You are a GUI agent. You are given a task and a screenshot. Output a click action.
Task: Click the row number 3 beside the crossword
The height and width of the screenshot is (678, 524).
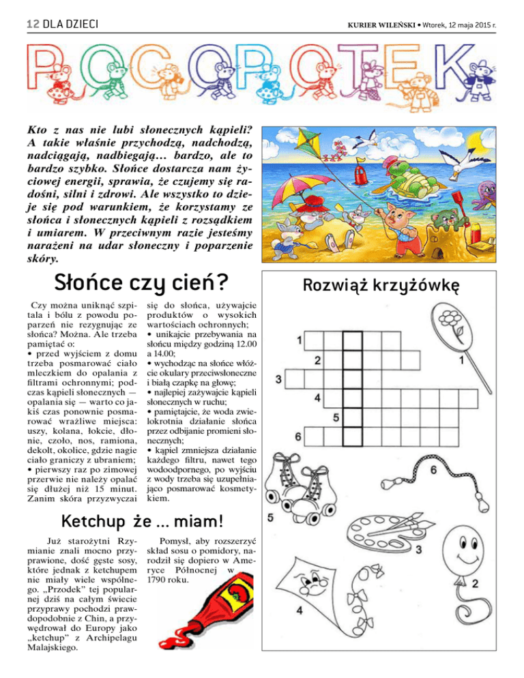pos(279,378)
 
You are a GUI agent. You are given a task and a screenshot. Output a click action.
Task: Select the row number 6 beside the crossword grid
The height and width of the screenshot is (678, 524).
pos(297,436)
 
